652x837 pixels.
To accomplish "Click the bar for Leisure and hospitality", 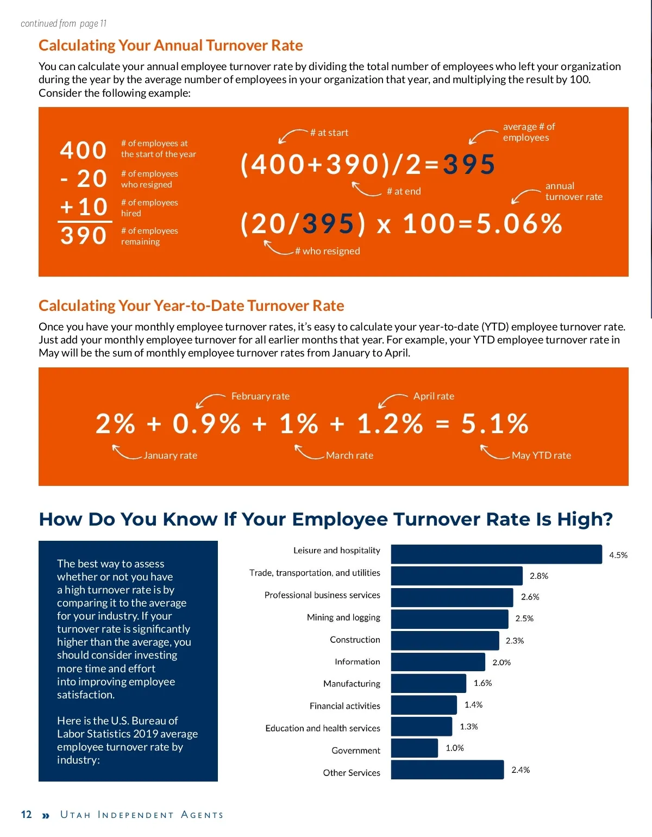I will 496,554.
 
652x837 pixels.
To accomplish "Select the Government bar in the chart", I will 414,748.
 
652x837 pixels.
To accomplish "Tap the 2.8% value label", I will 538,576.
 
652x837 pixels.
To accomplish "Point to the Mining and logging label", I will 343,617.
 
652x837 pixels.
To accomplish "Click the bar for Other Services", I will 447,770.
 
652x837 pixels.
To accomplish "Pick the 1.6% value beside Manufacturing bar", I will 482,683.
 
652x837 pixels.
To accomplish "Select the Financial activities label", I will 344,706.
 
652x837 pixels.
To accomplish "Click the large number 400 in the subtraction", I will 83,151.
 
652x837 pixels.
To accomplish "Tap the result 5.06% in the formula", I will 519,224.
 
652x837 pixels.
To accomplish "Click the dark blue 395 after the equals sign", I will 469,165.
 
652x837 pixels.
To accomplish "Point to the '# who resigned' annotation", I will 327,251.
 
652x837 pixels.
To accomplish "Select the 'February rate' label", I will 260,396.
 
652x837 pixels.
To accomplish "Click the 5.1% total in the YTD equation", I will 494,424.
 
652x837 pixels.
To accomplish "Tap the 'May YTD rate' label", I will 541,455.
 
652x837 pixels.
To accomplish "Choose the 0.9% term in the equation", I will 206,424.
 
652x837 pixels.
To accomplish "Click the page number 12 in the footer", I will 26,815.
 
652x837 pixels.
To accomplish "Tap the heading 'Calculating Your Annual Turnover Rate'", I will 171,46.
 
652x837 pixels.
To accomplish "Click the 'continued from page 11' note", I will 64,23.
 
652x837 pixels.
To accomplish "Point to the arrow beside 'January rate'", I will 126,452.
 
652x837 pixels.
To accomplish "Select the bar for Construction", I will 444,641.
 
